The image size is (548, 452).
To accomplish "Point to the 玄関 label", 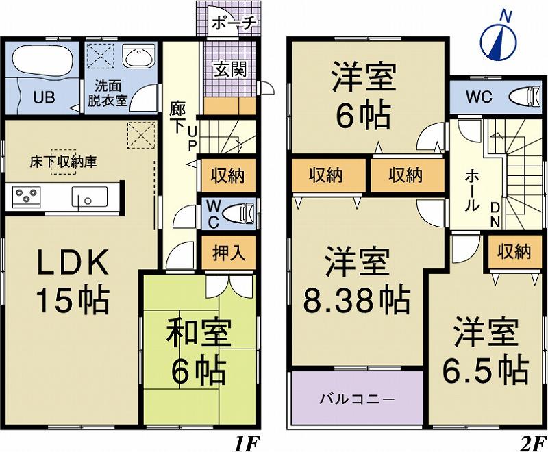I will click(x=229, y=69).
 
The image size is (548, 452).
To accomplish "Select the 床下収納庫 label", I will click(x=62, y=162).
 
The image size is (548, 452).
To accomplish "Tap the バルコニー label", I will click(x=356, y=398).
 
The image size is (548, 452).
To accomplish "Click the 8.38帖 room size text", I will click(x=357, y=299).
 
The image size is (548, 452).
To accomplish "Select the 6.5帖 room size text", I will click(x=483, y=370).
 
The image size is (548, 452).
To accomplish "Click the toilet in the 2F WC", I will click(x=523, y=96).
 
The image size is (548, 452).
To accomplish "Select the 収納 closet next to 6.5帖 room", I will click(x=514, y=252).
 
